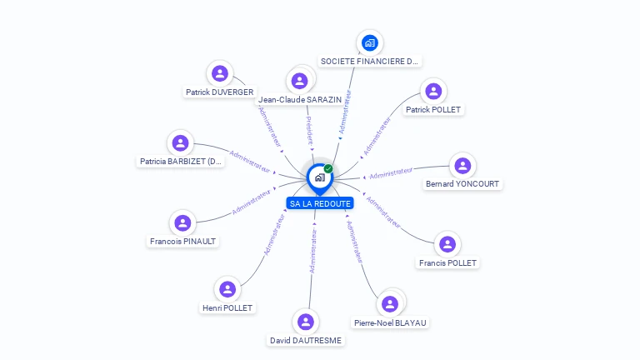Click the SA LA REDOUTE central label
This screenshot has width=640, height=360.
[319, 203]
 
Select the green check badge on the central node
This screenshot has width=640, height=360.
[328, 168]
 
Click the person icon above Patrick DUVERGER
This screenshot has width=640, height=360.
[219, 73]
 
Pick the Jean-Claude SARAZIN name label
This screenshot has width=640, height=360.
[300, 99]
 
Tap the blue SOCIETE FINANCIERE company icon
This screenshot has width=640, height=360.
[370, 42]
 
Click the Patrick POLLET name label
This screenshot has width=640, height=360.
[433, 109]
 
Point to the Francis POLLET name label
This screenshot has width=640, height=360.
[448, 262]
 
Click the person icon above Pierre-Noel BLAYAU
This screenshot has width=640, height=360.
[389, 303]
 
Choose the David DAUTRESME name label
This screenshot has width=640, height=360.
[306, 340]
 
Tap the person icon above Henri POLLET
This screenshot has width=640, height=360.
[227, 289]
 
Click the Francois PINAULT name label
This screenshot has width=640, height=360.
[182, 242]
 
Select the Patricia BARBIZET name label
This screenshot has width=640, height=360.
[181, 162]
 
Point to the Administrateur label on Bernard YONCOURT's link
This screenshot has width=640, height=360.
[391, 173]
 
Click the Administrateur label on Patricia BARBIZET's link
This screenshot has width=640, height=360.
[250, 161]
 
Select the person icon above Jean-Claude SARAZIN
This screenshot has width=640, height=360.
[300, 81]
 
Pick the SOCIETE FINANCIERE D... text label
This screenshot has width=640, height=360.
[370, 62]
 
